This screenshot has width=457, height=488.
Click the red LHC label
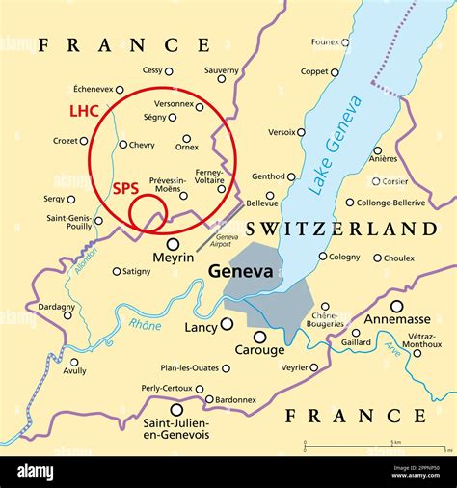tap(84, 111)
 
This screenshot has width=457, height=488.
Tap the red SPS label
tap(126, 188)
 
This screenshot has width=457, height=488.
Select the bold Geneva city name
tap(241, 273)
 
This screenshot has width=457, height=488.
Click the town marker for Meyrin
tap(173, 244)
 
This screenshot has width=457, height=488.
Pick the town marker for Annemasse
tap(396, 306)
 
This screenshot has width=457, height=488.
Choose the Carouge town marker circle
tap(259, 337)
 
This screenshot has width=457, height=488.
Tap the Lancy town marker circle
tap(226, 324)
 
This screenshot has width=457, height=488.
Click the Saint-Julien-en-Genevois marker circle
tap(176, 409)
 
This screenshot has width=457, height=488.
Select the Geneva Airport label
tap(228, 241)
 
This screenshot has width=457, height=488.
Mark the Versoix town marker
tap(301, 132)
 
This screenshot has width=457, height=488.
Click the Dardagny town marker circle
tap(67, 314)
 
